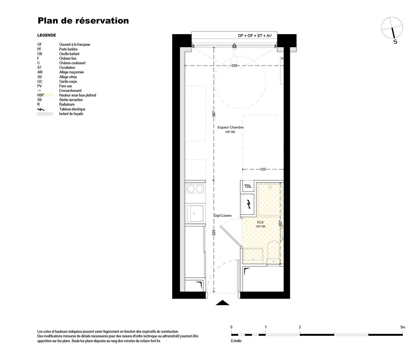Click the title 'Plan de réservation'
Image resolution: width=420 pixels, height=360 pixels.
(x=83, y=21)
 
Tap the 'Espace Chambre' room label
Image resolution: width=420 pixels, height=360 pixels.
(x=230, y=128)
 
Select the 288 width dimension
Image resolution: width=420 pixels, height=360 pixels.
(x=234, y=66)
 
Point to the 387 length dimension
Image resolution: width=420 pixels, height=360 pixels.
(x=214, y=114)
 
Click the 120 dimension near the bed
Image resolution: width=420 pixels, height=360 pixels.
(x=263, y=169)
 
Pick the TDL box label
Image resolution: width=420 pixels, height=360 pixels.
(x=248, y=186)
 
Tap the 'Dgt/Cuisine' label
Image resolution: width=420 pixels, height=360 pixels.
(x=223, y=215)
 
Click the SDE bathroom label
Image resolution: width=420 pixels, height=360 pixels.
(x=260, y=222)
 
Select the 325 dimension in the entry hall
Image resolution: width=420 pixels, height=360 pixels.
(x=214, y=232)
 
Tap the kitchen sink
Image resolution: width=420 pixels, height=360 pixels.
(x=195, y=213)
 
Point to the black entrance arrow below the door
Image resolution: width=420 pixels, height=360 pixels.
(x=222, y=303)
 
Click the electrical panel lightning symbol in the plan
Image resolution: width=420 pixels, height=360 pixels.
(x=249, y=204)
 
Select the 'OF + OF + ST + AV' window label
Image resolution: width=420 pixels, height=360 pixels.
(x=255, y=36)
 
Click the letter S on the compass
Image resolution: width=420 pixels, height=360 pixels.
(x=395, y=42)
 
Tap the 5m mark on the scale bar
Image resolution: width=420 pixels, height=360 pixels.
(x=403, y=327)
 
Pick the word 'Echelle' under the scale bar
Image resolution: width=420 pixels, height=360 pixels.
(x=236, y=341)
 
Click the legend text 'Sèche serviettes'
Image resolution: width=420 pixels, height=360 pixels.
(x=71, y=100)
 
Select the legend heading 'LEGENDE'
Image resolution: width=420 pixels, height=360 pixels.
(x=47, y=35)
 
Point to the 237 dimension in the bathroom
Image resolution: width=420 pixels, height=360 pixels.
(x=280, y=223)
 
